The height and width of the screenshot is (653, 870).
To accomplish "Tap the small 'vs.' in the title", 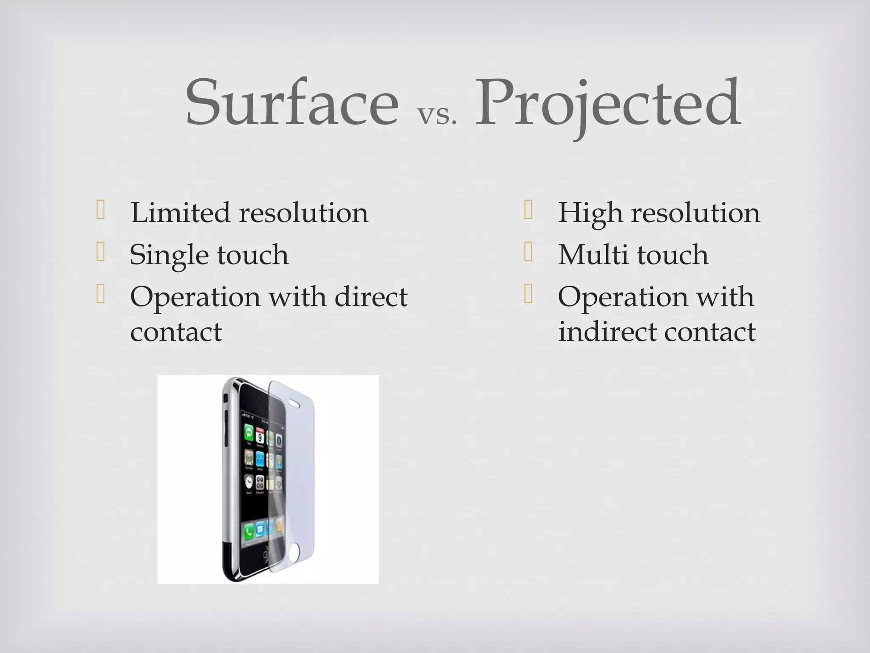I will tap(437, 115).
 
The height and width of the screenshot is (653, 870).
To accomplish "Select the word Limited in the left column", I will tap(180, 213).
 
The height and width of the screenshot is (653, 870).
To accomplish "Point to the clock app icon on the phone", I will tap(249, 482).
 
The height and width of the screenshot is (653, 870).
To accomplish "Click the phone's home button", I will tap(266, 556).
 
